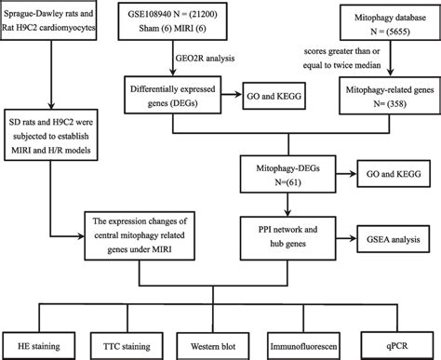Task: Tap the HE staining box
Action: (44, 345)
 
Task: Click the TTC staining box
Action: (132, 345)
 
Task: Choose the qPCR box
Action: (394, 345)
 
